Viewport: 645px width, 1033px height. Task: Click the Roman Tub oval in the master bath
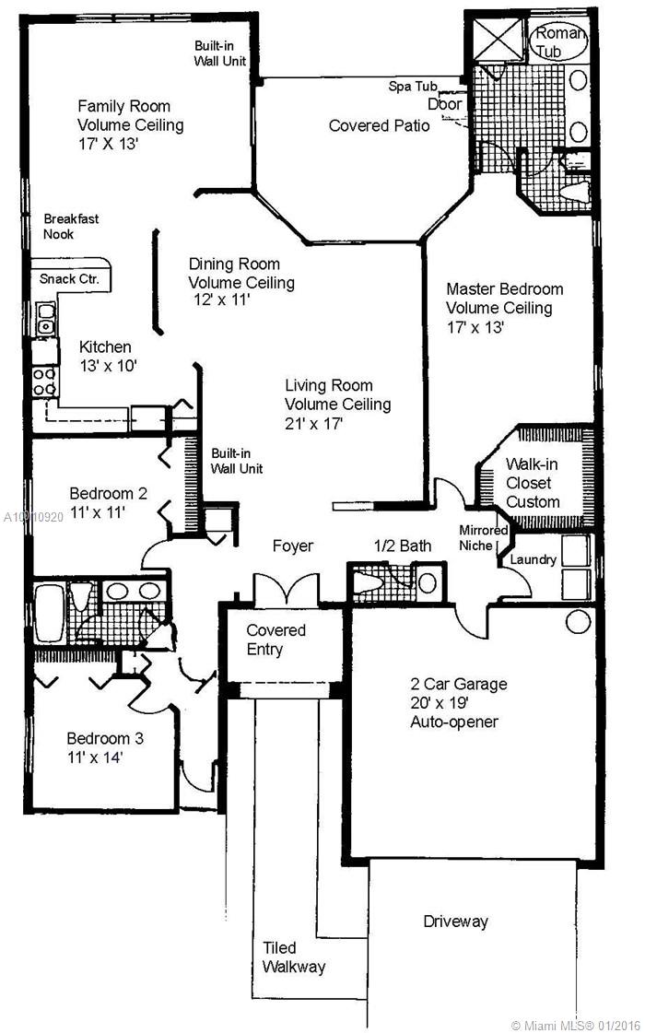[x=557, y=42]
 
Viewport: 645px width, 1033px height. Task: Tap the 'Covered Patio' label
[x=379, y=125]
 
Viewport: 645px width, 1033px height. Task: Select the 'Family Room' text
[x=123, y=106]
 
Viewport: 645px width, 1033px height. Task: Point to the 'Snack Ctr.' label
[x=69, y=278]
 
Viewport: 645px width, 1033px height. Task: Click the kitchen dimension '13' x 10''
[x=108, y=366]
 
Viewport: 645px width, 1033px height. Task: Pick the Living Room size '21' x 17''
[x=314, y=423]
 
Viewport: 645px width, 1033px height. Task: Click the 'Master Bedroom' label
[x=505, y=288]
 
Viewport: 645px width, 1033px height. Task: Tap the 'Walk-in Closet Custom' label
[x=533, y=483]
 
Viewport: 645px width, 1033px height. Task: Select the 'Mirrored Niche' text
[x=484, y=537]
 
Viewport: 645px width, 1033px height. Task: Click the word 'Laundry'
[x=534, y=559]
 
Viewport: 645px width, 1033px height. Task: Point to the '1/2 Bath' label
[x=403, y=546]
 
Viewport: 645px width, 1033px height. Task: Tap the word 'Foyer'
[x=293, y=546]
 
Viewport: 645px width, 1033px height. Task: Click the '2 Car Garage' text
[x=459, y=684]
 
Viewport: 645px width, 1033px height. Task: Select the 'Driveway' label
[x=455, y=921]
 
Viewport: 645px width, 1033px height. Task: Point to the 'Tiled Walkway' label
[x=294, y=957]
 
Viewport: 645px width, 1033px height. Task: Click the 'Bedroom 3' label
[x=105, y=738]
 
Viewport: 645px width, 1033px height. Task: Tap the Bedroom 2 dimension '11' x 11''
[x=98, y=511]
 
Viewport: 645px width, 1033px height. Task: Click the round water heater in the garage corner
[x=577, y=622]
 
